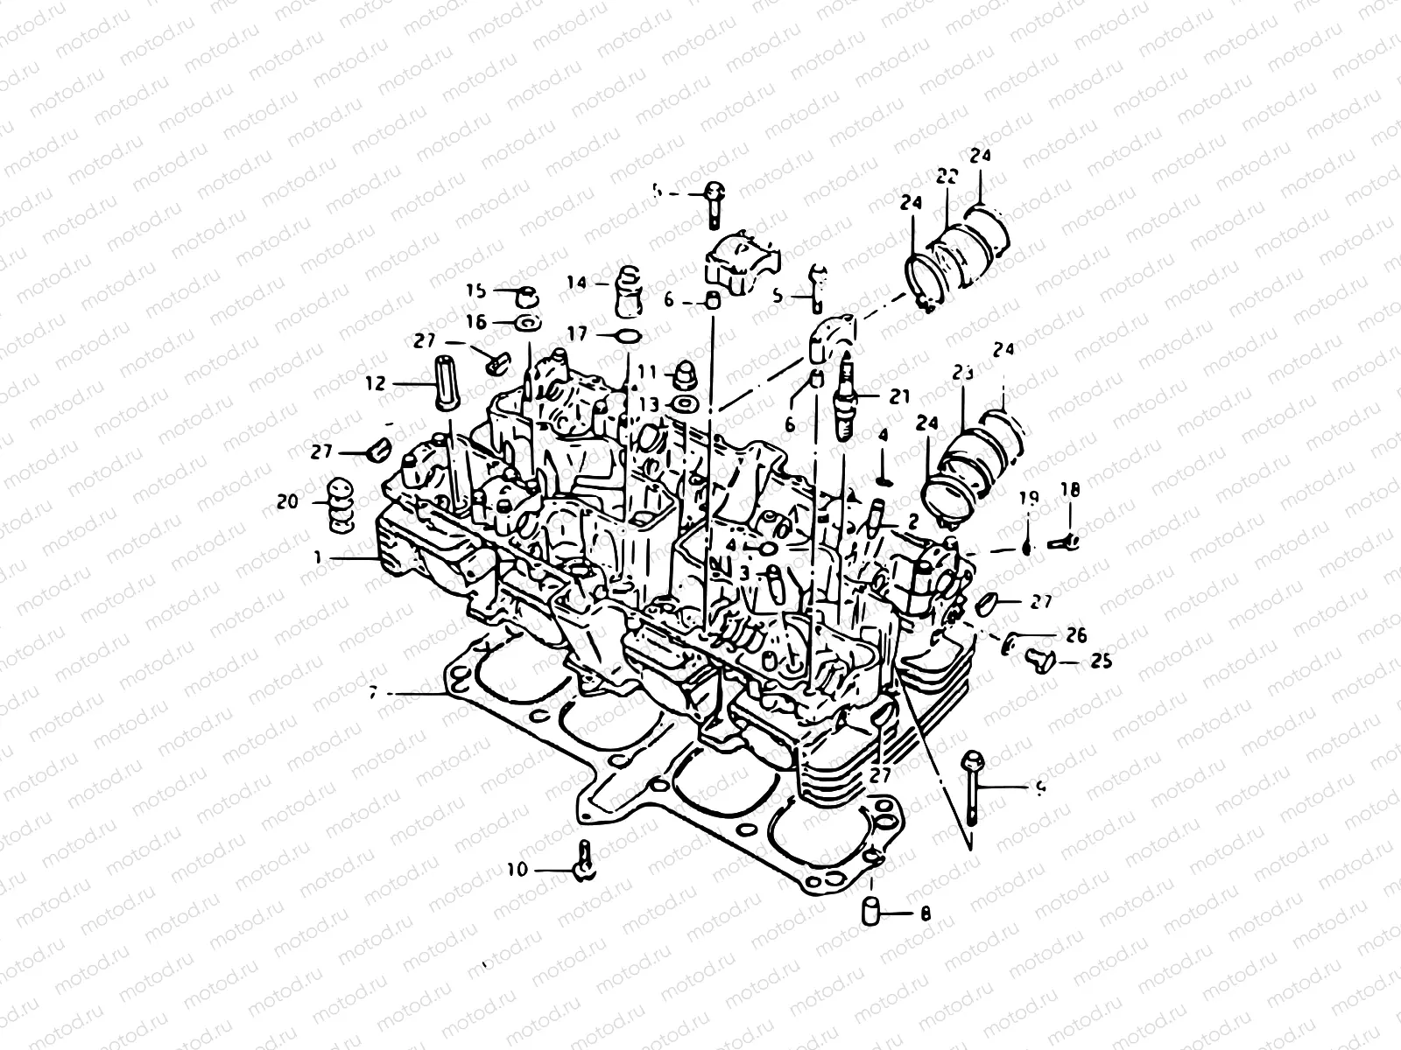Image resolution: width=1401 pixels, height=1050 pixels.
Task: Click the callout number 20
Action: (286, 501)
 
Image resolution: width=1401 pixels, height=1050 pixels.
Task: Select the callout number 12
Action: (376, 383)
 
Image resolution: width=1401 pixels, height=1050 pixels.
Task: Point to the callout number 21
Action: (900, 397)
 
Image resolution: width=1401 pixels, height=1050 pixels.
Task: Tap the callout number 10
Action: (517, 869)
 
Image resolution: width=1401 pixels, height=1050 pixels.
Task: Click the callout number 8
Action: (926, 915)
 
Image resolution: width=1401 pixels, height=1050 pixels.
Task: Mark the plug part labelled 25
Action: (1040, 661)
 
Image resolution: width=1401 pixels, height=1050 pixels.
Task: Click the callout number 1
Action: (320, 556)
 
